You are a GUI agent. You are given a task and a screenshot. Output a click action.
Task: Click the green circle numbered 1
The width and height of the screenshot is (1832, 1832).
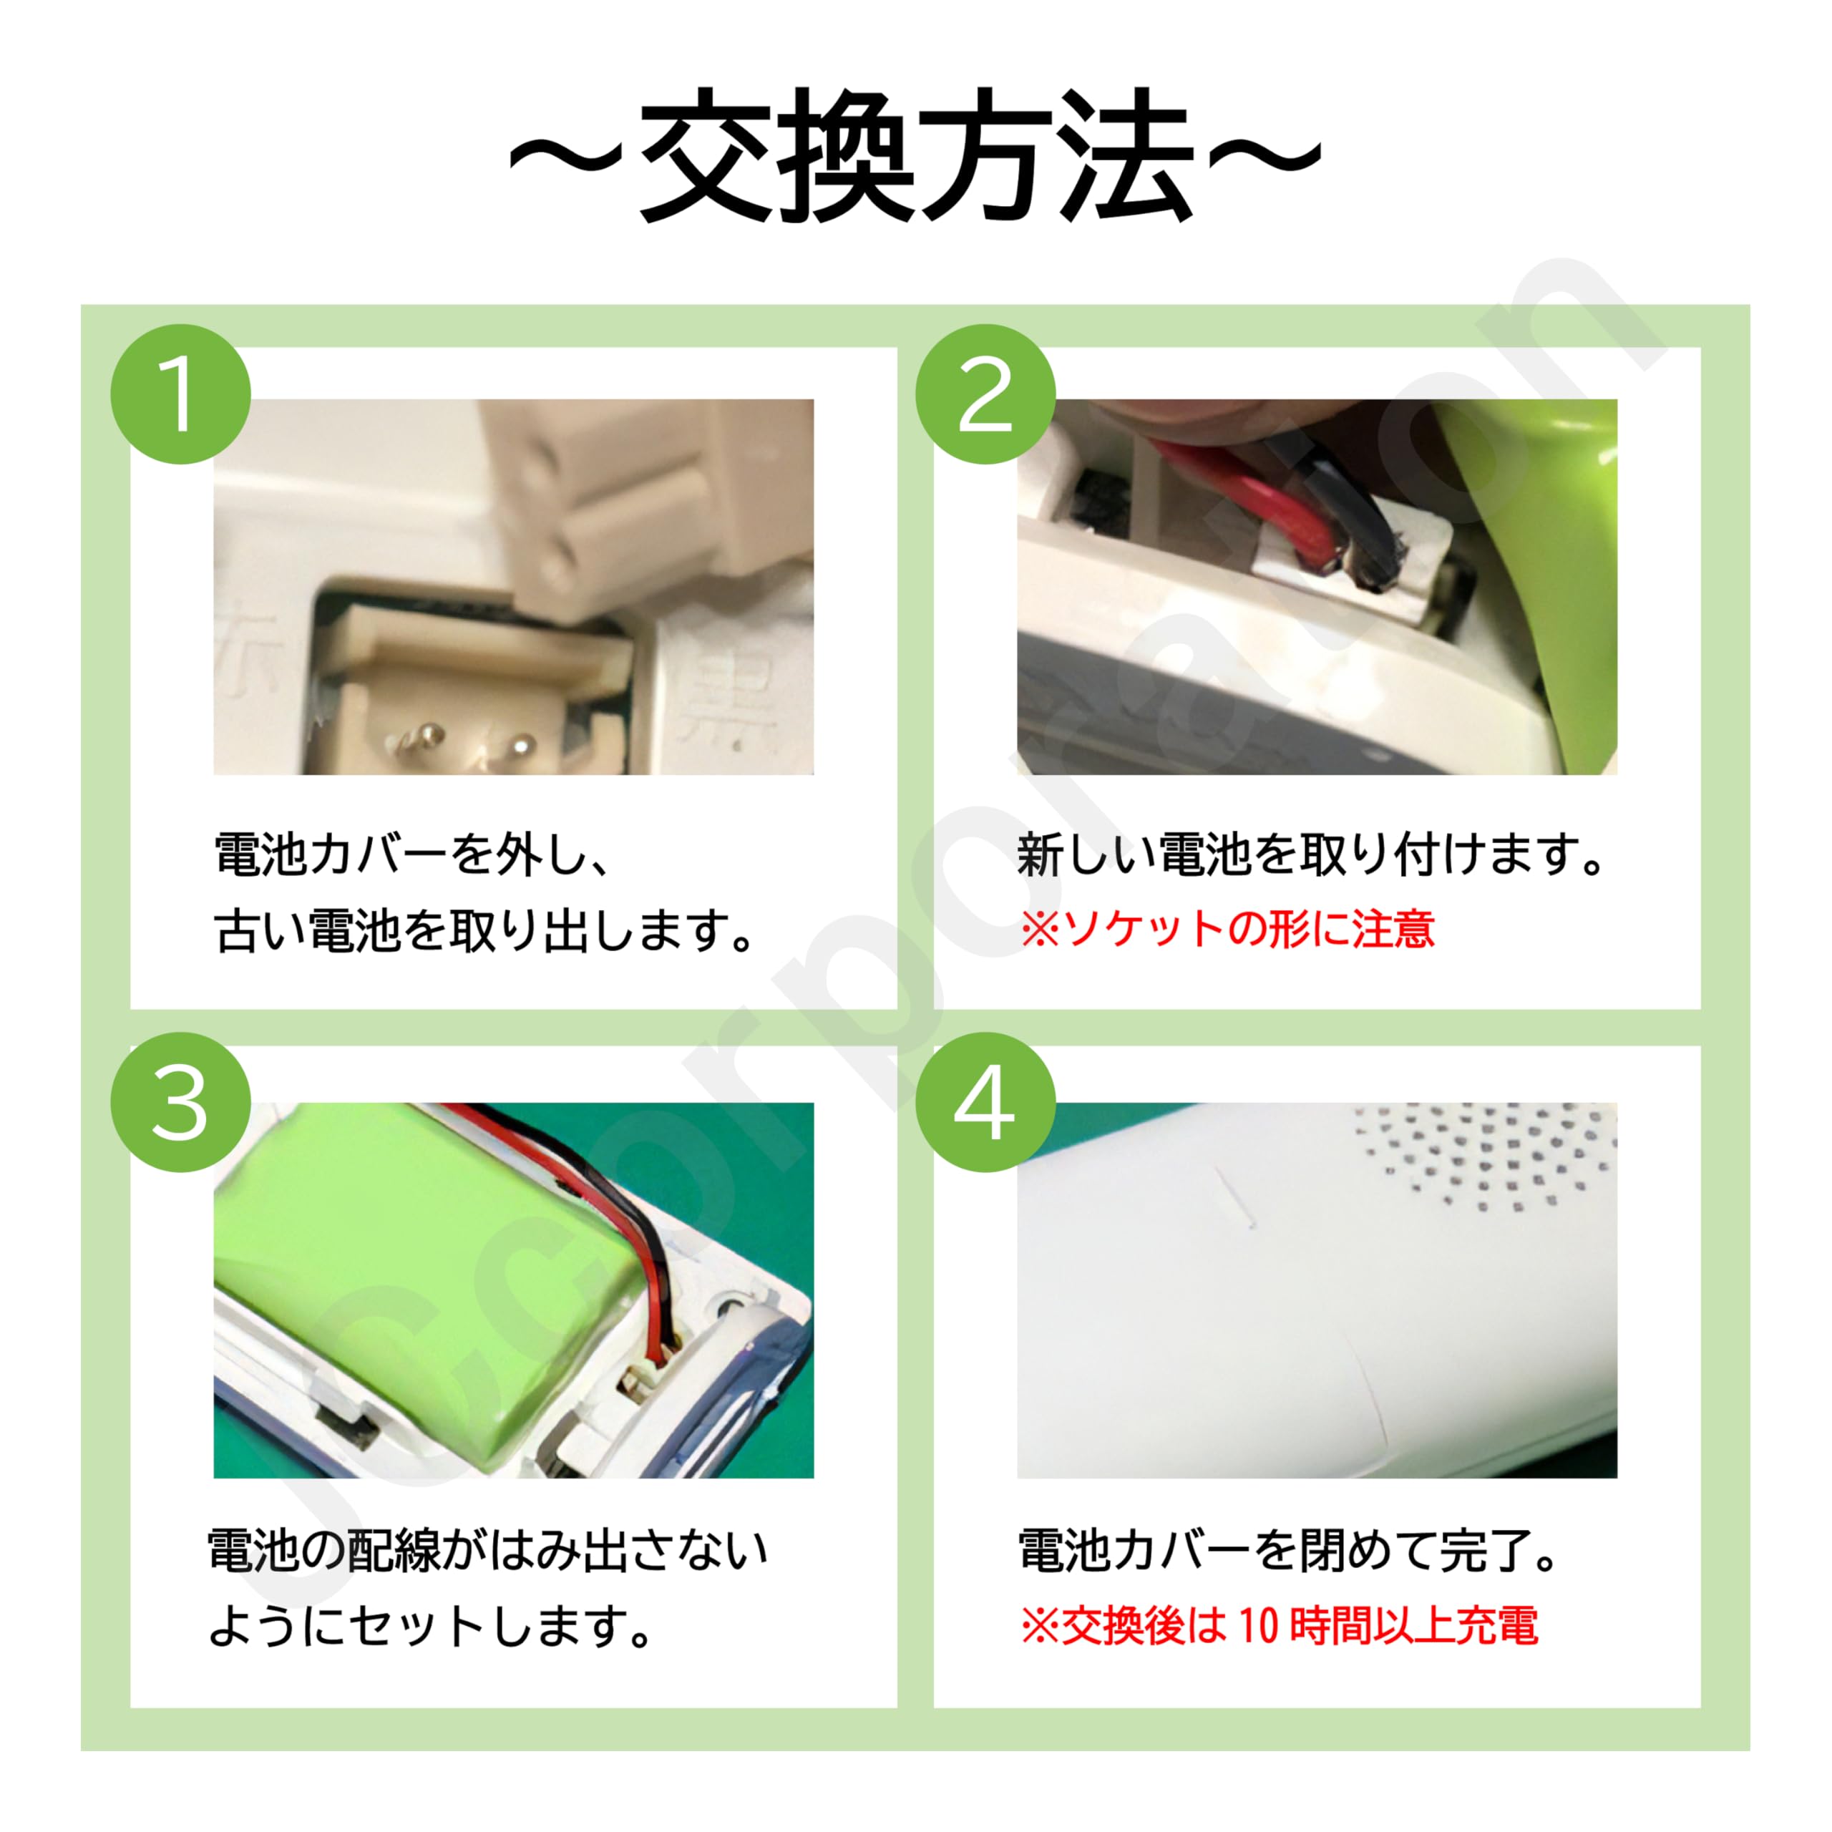180,394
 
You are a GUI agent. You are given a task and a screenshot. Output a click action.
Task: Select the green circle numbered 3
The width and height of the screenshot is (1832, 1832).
180,1102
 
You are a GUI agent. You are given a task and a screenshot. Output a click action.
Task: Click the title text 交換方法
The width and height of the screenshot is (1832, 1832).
915,157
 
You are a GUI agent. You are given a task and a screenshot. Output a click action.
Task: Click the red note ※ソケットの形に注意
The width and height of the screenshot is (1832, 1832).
1227,930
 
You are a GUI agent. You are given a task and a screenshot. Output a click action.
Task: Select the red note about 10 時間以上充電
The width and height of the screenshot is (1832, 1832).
1278,1625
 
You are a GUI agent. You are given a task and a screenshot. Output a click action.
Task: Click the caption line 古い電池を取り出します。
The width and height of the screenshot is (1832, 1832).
484,930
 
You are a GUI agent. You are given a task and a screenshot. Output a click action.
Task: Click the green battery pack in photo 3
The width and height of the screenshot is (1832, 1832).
408,1271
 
